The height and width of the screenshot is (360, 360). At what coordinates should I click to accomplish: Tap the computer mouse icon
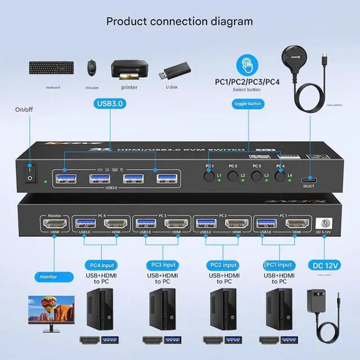click(x=91, y=69)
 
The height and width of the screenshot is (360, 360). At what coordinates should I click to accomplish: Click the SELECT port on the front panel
click(x=308, y=175)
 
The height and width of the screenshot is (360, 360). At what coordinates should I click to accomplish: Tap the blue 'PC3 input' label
click(x=164, y=264)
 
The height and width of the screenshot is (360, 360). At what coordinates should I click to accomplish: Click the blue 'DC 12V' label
click(x=326, y=264)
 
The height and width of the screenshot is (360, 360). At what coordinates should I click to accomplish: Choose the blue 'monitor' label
click(x=48, y=277)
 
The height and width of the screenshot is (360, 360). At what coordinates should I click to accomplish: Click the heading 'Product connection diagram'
click(x=179, y=22)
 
